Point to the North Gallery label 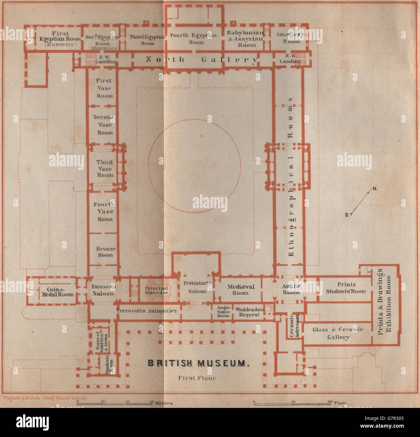click(x=202, y=59)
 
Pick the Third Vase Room click(x=105, y=169)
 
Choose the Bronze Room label click(x=105, y=252)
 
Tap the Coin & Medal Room click(x=58, y=292)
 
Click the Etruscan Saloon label click(x=103, y=290)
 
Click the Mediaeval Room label click(x=241, y=289)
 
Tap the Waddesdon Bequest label click(x=249, y=312)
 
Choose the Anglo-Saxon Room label click(x=224, y=312)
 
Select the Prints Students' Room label click(x=346, y=288)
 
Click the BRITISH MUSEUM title click(x=199, y=363)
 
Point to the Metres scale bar click(x=126, y=403)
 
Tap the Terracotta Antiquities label click(x=147, y=311)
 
